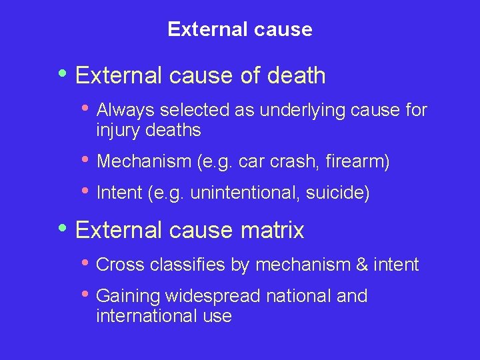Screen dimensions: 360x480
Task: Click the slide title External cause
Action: [x=240, y=29]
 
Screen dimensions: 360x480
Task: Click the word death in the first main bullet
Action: [x=296, y=76]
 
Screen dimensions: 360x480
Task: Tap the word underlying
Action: [x=301, y=110]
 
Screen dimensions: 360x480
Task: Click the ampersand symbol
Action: [x=362, y=265]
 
